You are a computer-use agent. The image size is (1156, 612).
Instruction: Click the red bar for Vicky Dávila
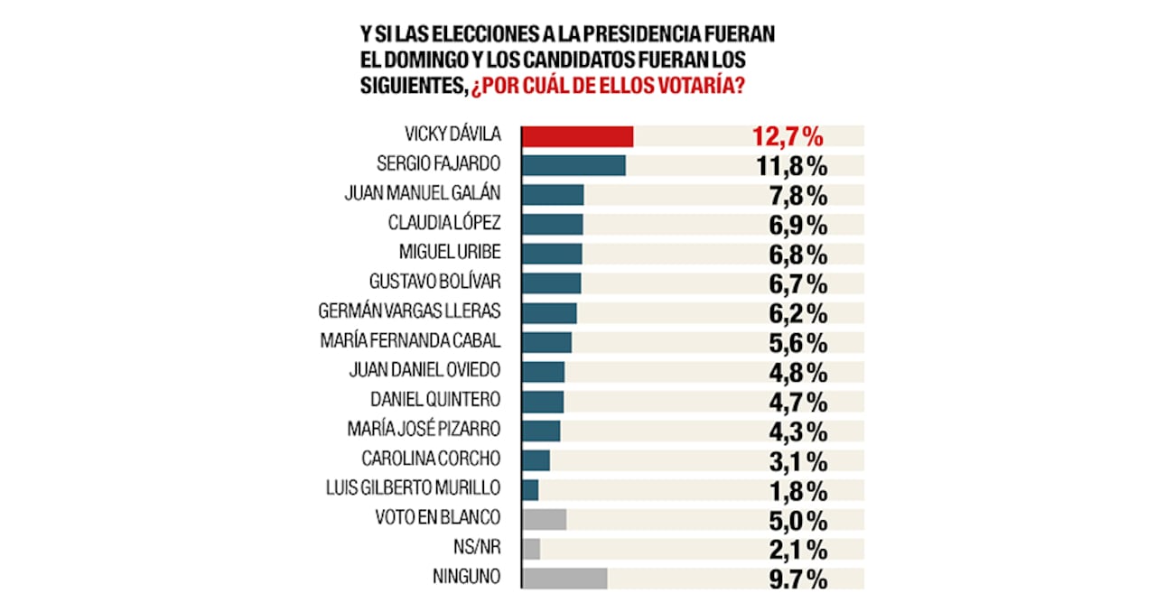pos(578,136)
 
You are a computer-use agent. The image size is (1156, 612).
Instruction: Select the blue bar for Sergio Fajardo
pos(574,165)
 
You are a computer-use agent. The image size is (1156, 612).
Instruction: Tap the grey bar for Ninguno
pos(565,578)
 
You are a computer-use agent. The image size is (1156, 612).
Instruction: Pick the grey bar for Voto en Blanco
pos(545,519)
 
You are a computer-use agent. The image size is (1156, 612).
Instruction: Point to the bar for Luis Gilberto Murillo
pos(531,489)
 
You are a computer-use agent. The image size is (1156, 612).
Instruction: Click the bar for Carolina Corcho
pos(536,460)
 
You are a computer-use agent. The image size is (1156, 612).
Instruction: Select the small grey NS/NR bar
pos(532,549)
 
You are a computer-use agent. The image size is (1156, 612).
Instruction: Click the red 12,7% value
pos(788,137)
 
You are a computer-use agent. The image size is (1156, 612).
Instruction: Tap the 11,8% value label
pos(789,166)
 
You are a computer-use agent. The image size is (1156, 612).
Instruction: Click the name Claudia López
pos(444,222)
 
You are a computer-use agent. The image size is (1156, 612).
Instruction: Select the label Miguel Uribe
pos(449,252)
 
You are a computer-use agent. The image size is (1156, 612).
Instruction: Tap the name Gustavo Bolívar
pos(435,282)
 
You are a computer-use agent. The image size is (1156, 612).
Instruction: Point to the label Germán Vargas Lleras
pos(410,311)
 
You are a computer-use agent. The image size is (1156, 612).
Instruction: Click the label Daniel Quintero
pos(435,399)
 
